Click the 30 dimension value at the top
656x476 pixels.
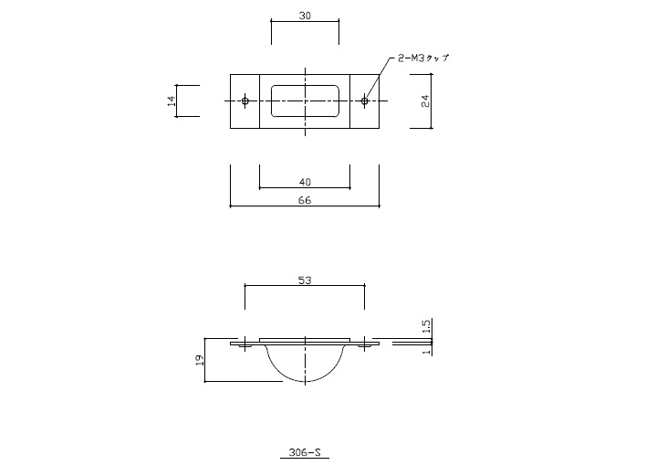(x=305, y=16)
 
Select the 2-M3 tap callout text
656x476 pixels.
(x=423, y=58)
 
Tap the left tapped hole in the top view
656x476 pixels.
(x=245, y=101)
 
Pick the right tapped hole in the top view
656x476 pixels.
(x=364, y=101)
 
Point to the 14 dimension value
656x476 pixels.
(x=172, y=101)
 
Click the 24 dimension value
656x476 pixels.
(x=425, y=101)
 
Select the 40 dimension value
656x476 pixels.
(x=305, y=183)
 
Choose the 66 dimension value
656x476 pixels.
(x=305, y=200)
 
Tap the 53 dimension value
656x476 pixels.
(x=305, y=280)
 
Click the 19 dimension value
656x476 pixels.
(x=200, y=360)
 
